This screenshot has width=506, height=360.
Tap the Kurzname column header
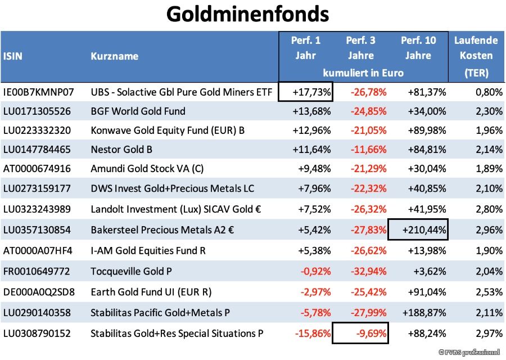[114, 56]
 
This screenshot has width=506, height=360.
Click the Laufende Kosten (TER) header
[476, 56]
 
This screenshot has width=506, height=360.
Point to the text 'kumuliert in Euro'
[363, 73]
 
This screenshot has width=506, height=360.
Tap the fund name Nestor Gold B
[121, 150]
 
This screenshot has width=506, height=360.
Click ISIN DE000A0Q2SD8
[38, 292]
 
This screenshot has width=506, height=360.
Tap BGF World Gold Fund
[138, 111]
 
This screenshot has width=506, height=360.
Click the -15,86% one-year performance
[312, 334]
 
